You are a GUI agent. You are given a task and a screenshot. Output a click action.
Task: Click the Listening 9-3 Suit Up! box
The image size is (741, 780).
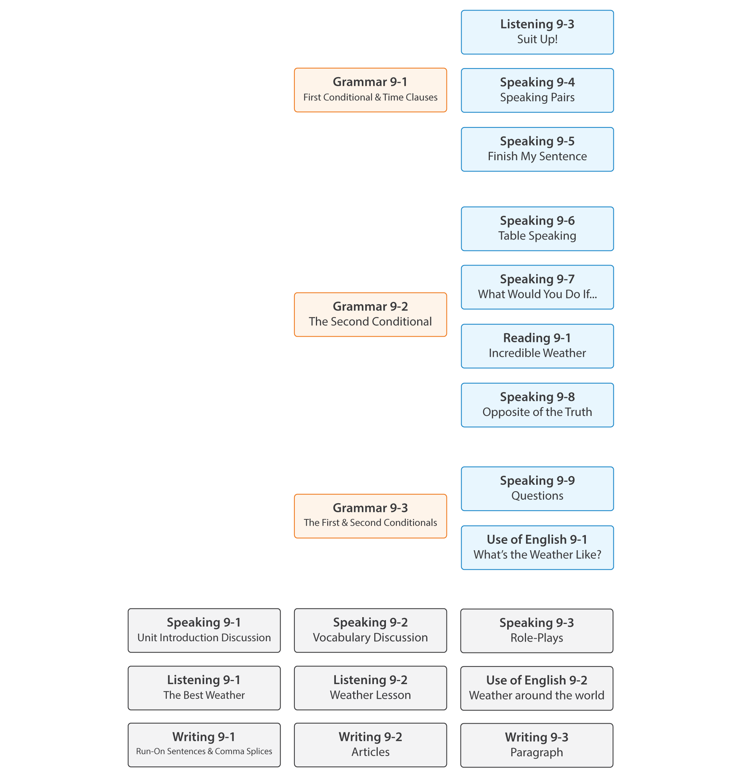click(x=537, y=32)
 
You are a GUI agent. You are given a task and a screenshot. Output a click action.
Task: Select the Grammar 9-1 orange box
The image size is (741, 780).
click(x=370, y=90)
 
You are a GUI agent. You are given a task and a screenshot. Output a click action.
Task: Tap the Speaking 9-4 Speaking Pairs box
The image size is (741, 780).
click(x=537, y=90)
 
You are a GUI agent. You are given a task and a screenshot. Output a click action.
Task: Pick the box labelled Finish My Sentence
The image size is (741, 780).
click(x=537, y=149)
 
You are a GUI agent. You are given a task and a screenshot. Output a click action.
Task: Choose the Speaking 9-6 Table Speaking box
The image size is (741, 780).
click(x=537, y=228)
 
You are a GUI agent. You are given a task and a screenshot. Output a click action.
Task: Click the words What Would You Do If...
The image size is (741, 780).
click(x=537, y=294)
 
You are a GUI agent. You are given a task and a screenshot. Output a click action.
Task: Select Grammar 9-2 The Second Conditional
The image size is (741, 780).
click(x=370, y=314)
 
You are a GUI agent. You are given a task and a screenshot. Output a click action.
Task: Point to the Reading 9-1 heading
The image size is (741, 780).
click(x=537, y=338)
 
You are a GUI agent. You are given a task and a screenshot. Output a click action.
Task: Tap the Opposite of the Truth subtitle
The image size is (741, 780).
click(x=537, y=412)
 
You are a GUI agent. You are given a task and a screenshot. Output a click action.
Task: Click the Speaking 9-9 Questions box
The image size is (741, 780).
click(x=537, y=489)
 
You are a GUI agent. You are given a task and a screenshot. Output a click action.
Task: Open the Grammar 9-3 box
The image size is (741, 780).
click(x=370, y=516)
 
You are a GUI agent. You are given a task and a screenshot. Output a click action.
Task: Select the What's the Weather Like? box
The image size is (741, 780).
click(x=537, y=547)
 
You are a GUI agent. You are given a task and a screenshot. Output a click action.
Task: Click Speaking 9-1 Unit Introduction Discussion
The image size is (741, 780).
click(x=204, y=630)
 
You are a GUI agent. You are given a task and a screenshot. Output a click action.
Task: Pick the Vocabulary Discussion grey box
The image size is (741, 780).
click(x=370, y=630)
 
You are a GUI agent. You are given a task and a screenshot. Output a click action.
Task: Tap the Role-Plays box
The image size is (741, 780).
click(x=537, y=630)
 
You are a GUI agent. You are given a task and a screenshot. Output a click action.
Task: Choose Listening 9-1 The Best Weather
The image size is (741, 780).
click(x=204, y=688)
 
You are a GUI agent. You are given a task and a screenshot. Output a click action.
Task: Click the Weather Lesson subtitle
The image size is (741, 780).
click(x=370, y=695)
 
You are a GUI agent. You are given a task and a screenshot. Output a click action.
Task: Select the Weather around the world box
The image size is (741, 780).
click(x=537, y=688)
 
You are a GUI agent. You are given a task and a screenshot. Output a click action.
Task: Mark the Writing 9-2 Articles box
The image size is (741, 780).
click(x=370, y=745)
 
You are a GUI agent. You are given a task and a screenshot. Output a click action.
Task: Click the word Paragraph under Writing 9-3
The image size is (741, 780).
click(x=537, y=753)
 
